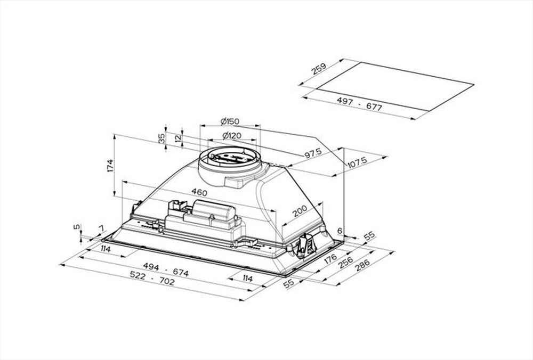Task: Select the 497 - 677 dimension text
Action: point(359,104)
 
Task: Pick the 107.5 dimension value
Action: point(357,162)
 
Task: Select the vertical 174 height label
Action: point(110,165)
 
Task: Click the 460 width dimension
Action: point(199,192)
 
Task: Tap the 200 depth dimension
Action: point(300,211)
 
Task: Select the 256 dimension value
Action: point(346,263)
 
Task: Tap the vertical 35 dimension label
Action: point(162,138)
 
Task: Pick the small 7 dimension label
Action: point(100,230)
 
